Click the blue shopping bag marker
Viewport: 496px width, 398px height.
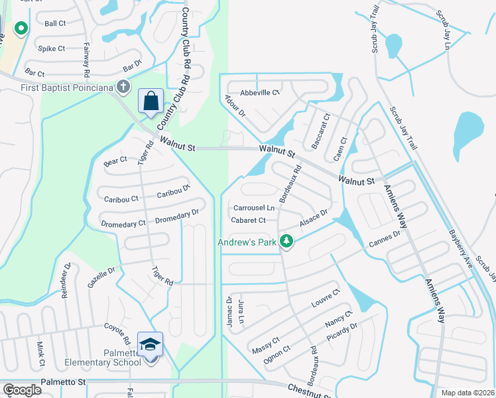[151, 101]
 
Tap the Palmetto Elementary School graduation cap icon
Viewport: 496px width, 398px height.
[151, 342]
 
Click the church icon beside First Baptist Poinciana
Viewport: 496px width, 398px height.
[123, 86]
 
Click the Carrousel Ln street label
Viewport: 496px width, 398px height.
[253, 208]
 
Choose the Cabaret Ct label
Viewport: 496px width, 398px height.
[248, 220]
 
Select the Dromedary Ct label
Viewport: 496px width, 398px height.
[123, 224]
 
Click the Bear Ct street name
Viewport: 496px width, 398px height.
[115, 161]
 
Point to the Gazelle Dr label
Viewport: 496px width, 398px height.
[101, 277]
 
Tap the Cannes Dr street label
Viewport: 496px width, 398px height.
[385, 241]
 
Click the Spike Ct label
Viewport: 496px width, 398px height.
[51, 48]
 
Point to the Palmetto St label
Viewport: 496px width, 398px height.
[64, 382]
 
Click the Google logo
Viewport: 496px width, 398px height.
[21, 390]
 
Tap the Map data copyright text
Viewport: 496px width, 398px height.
[467, 393]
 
